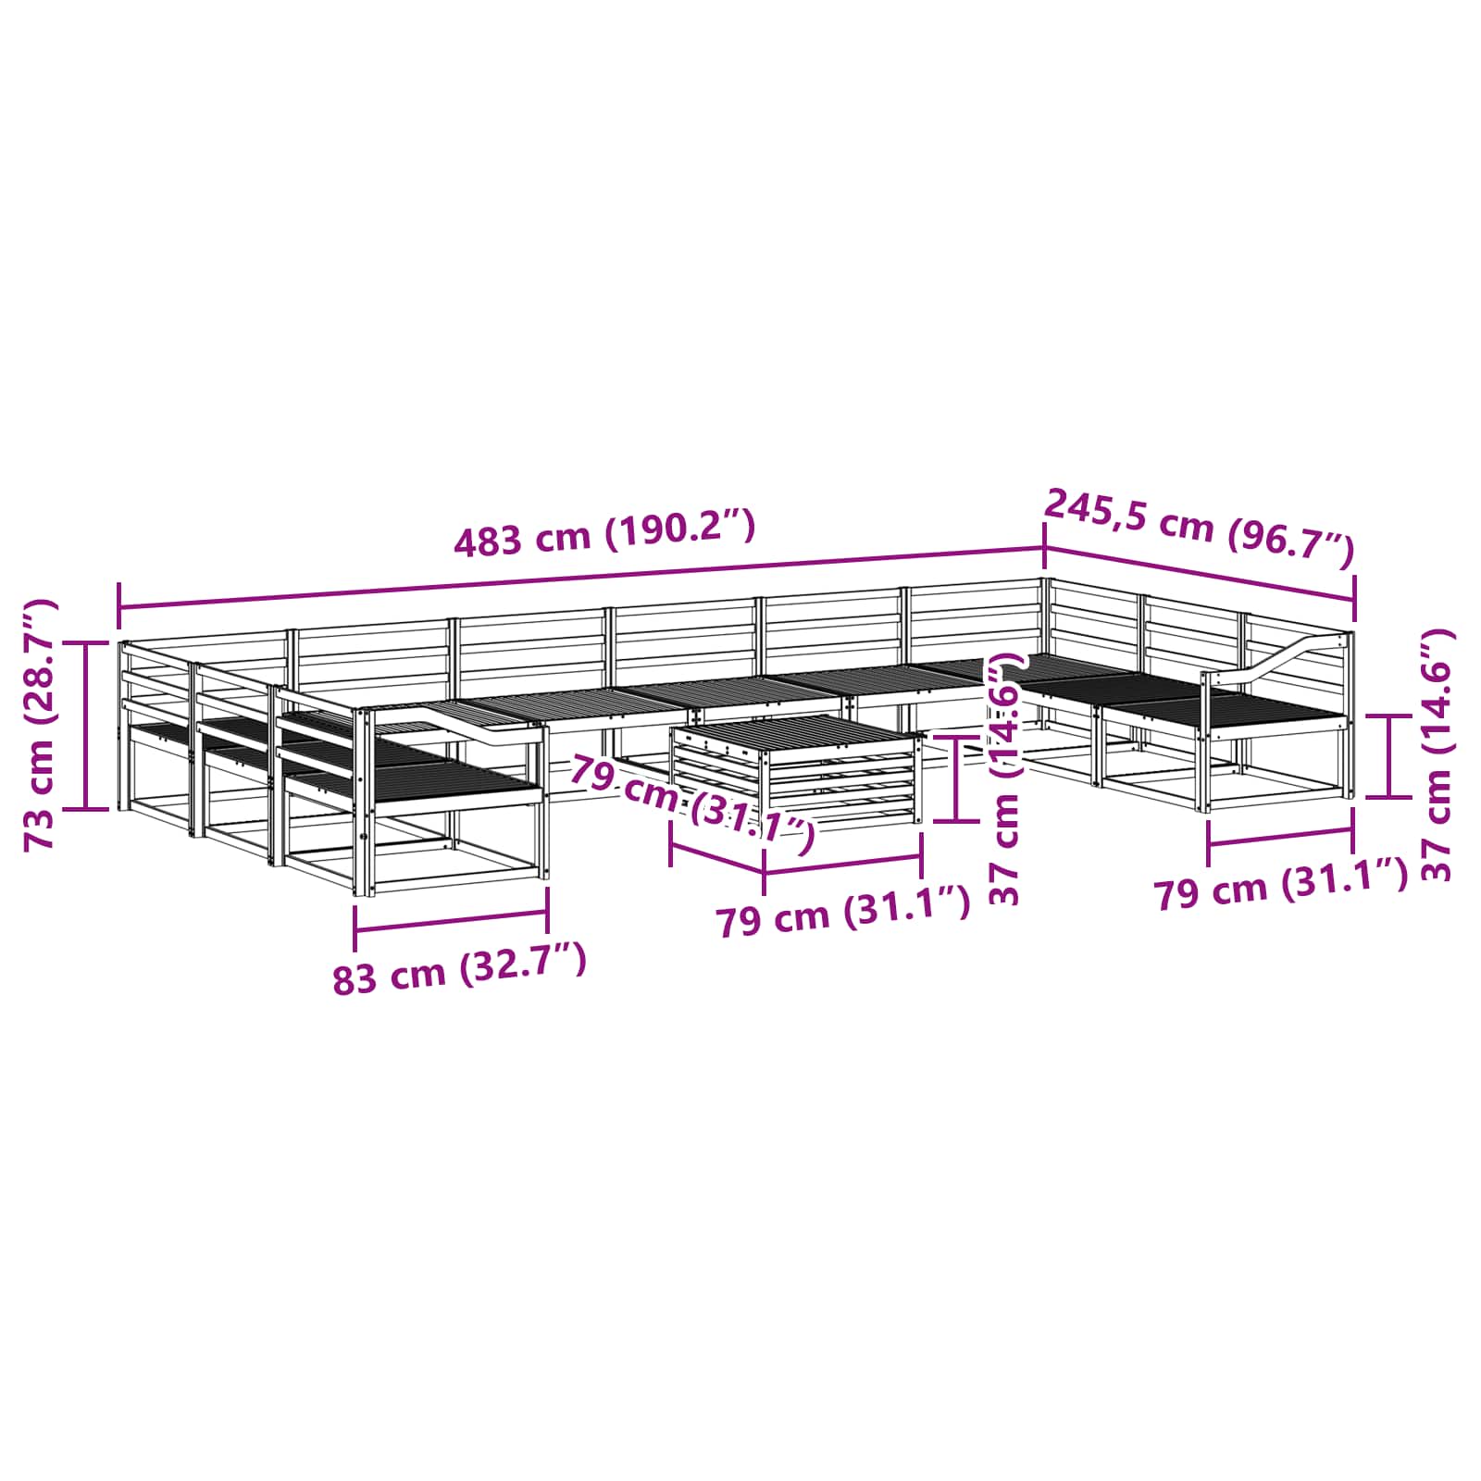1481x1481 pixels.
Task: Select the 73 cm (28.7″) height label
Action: (41, 725)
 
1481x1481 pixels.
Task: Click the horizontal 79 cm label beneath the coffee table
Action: (843, 912)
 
